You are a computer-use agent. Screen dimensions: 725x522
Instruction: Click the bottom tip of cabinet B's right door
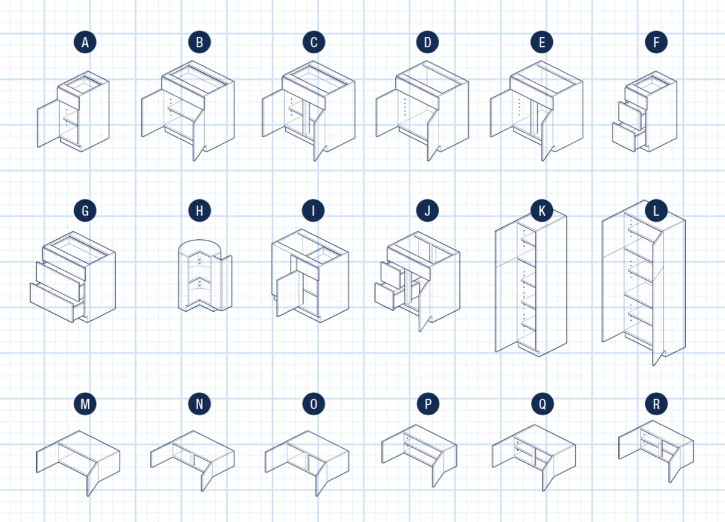[194, 161]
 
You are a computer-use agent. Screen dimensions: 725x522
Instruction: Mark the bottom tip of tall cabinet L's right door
[653, 366]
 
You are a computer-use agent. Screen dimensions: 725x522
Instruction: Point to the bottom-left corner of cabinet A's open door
[38, 147]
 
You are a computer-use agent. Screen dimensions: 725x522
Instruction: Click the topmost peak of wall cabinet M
[79, 431]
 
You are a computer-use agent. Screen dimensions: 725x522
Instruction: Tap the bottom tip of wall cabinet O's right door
[317, 496]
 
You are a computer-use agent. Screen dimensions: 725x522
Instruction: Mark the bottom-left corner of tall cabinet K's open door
[495, 352]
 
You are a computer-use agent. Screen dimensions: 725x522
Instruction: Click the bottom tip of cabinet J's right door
[420, 332]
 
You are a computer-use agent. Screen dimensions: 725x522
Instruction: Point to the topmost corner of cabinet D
[427, 61]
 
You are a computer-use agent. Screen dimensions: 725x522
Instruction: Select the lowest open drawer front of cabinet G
[52, 302]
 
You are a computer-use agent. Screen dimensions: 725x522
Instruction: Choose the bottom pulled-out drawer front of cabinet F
[623, 137]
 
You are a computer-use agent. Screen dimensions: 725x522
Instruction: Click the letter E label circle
[542, 42]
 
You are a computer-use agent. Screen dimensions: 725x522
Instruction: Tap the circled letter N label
[200, 404]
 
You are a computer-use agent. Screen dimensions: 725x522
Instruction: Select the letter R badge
[656, 404]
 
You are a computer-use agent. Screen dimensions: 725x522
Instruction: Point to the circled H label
[200, 211]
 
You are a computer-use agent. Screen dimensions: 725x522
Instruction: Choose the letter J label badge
[428, 211]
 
